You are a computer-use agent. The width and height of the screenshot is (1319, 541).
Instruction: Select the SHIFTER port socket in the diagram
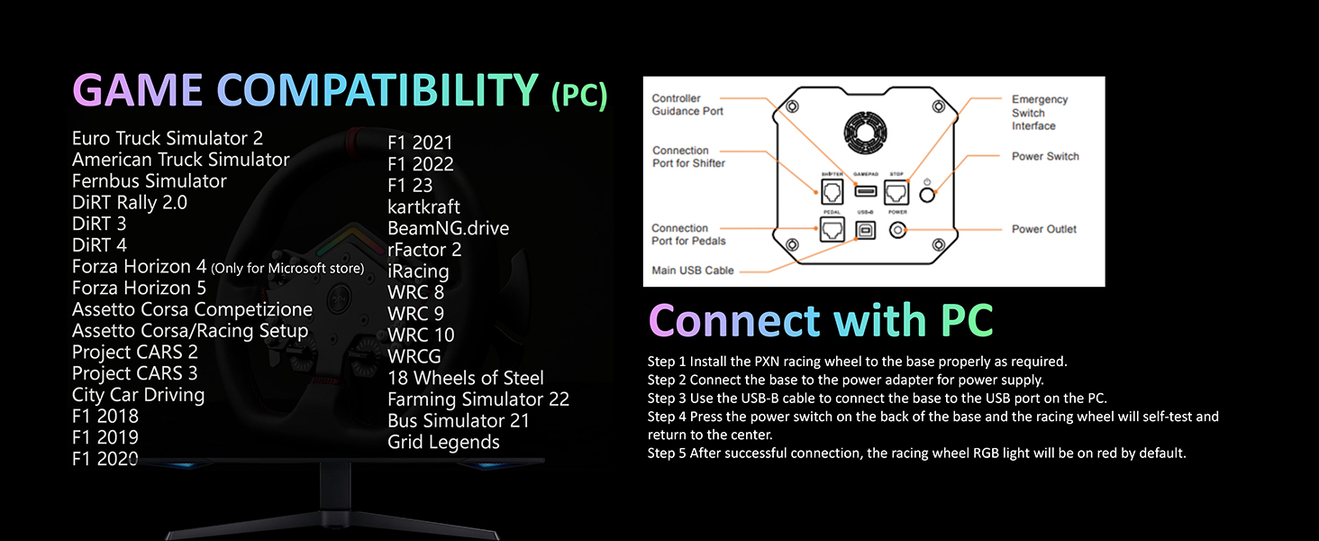pyautogui.click(x=831, y=191)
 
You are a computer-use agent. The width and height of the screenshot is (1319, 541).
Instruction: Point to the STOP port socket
pyautogui.click(x=896, y=191)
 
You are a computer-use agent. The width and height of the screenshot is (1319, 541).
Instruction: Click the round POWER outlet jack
pyautogui.click(x=897, y=230)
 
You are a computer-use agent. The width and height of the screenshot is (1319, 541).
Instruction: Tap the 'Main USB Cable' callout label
pyautogui.click(x=693, y=270)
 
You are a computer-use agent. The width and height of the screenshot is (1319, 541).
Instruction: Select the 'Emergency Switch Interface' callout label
pyautogui.click(x=1039, y=113)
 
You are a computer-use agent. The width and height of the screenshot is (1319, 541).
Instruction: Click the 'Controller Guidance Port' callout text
pyautogui.click(x=687, y=105)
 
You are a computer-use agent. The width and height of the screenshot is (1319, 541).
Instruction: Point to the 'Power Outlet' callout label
pyautogui.click(x=1043, y=229)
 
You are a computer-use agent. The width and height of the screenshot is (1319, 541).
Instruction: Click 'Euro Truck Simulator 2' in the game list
pyautogui.click(x=168, y=138)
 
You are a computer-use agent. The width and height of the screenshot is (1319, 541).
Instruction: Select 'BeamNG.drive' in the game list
pyautogui.click(x=448, y=228)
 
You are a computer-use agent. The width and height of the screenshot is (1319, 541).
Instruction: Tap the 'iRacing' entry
pyautogui.click(x=418, y=271)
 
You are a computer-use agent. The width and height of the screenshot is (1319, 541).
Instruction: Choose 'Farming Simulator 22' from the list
pyautogui.click(x=478, y=399)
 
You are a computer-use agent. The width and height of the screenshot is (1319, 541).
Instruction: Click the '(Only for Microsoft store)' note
pyautogui.click(x=287, y=268)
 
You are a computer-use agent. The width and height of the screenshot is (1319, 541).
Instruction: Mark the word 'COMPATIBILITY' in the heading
pyautogui.click(x=378, y=91)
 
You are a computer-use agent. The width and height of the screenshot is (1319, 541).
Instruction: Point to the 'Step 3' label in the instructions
pyautogui.click(x=667, y=398)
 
